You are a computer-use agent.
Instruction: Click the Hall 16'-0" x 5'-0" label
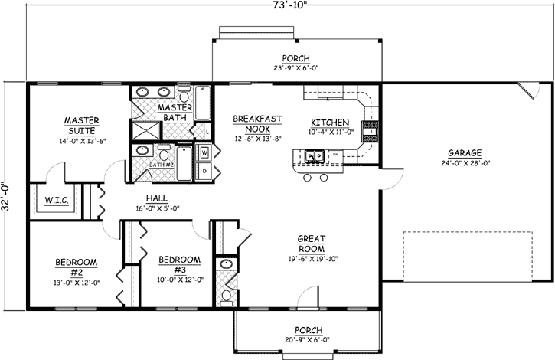point(156,202)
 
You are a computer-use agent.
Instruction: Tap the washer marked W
point(206,152)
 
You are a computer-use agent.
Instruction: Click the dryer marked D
point(206,171)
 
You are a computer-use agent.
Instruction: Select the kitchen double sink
point(312,157)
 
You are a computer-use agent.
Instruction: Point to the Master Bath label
point(174,112)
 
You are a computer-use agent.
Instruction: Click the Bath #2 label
point(162,165)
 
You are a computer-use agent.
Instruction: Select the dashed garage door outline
point(467,255)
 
